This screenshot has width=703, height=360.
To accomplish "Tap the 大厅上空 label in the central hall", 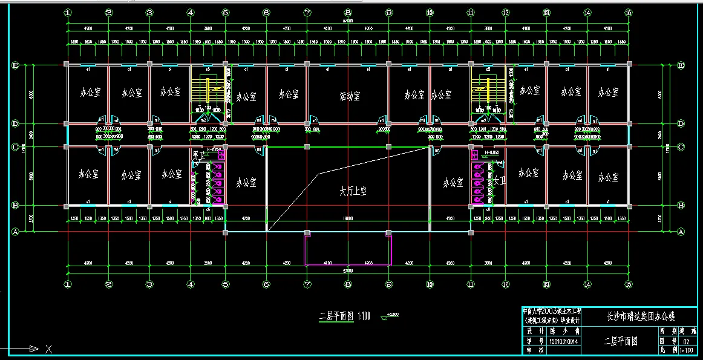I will tap(353, 191).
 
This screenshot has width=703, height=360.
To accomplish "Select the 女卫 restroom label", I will tap(499, 180).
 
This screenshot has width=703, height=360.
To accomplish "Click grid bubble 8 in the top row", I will tap(348, 13).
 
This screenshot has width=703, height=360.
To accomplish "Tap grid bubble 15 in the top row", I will tap(629, 13).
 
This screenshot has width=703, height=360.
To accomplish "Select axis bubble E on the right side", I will tap(681, 65).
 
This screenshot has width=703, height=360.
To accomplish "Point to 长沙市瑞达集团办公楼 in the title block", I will tap(640, 316).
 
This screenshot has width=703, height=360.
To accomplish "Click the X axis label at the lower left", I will tap(49, 349).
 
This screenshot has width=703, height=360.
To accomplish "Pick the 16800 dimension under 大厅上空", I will tap(348, 218).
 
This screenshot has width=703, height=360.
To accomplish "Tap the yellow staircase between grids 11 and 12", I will tap(487, 91).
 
